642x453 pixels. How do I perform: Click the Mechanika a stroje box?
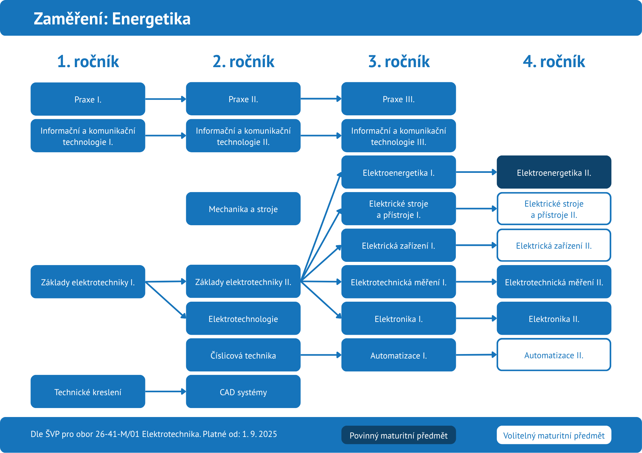243,209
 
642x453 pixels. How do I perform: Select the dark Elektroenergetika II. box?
554,172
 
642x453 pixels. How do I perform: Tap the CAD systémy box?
243,392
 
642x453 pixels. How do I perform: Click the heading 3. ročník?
399,61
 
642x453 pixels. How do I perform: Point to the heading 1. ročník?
88,61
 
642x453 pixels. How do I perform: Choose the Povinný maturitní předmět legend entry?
398,435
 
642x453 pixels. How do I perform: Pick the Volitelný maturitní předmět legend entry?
554,435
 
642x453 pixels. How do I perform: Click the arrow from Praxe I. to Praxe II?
165,99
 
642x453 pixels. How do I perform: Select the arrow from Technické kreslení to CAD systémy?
165,392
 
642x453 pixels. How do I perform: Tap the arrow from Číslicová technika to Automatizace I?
321,355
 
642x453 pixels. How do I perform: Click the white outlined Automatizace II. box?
554,355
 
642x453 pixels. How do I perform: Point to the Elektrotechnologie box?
243,318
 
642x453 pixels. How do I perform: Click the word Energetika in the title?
151,19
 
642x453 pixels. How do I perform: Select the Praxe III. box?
398,99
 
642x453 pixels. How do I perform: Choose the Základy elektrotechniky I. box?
88,282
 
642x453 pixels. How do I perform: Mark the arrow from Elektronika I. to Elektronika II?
476,318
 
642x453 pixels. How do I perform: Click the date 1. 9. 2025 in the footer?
259,434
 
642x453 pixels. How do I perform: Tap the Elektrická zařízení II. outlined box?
554,245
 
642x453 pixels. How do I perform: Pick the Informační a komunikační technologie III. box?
398,136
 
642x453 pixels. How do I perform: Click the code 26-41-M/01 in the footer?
117,434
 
